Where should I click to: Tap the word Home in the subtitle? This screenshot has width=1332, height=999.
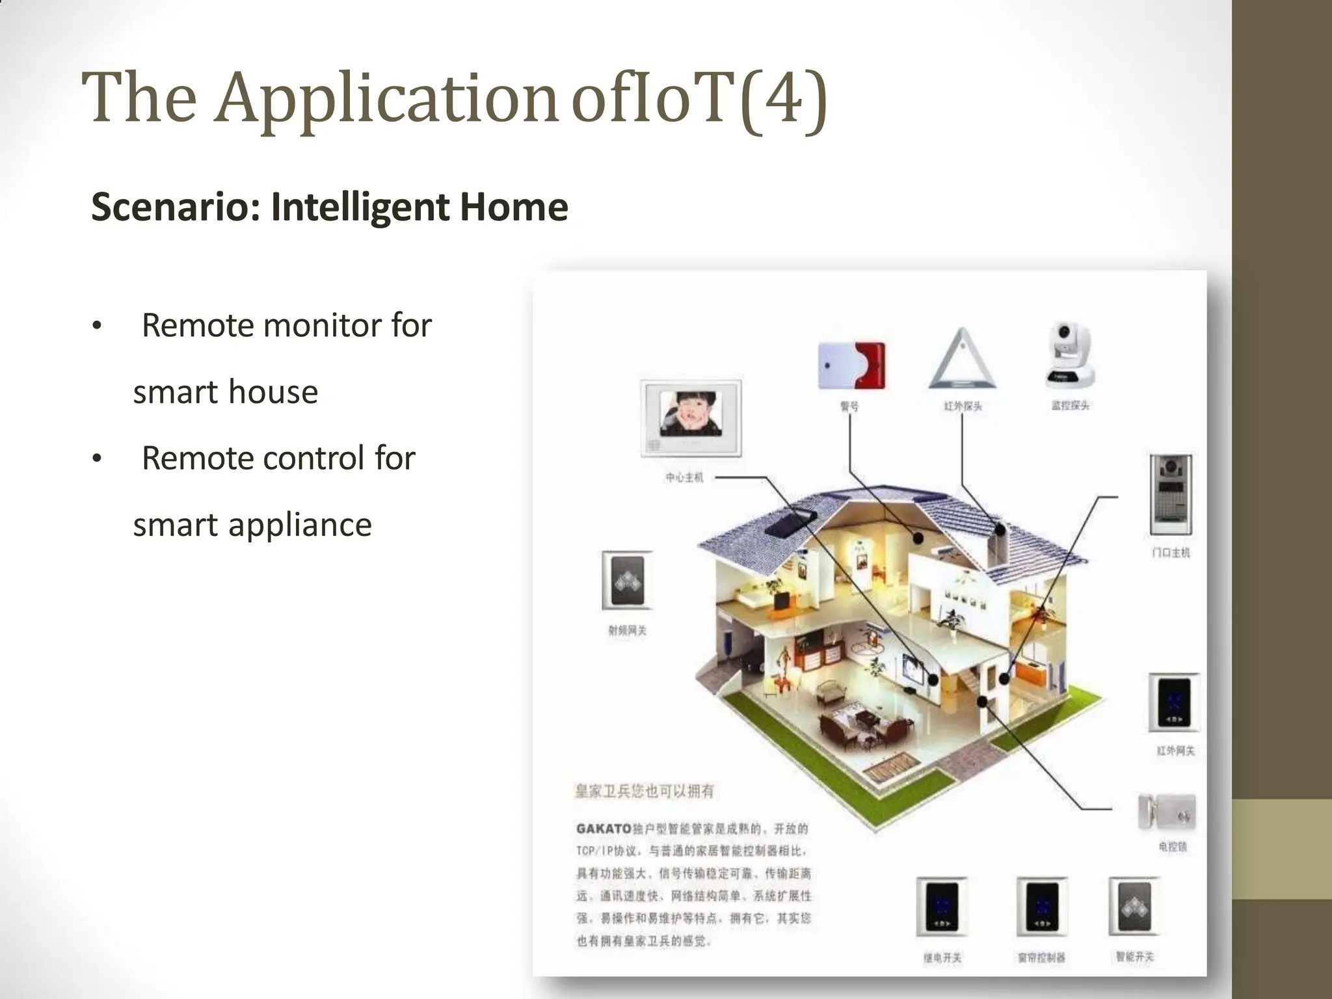point(514,207)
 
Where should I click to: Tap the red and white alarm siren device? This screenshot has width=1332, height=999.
point(851,365)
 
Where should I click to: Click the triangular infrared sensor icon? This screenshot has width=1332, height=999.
point(962,360)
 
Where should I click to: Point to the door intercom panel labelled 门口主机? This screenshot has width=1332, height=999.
point(1171,494)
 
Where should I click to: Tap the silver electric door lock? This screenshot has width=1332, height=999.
point(1167,812)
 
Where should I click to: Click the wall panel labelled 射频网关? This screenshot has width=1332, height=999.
point(627,580)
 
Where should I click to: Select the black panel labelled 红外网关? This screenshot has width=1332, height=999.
point(1173,703)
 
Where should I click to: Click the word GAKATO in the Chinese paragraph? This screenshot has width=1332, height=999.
point(604,829)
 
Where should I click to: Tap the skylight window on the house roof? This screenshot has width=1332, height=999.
point(790,522)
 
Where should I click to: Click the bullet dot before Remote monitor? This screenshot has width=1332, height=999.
point(97,325)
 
